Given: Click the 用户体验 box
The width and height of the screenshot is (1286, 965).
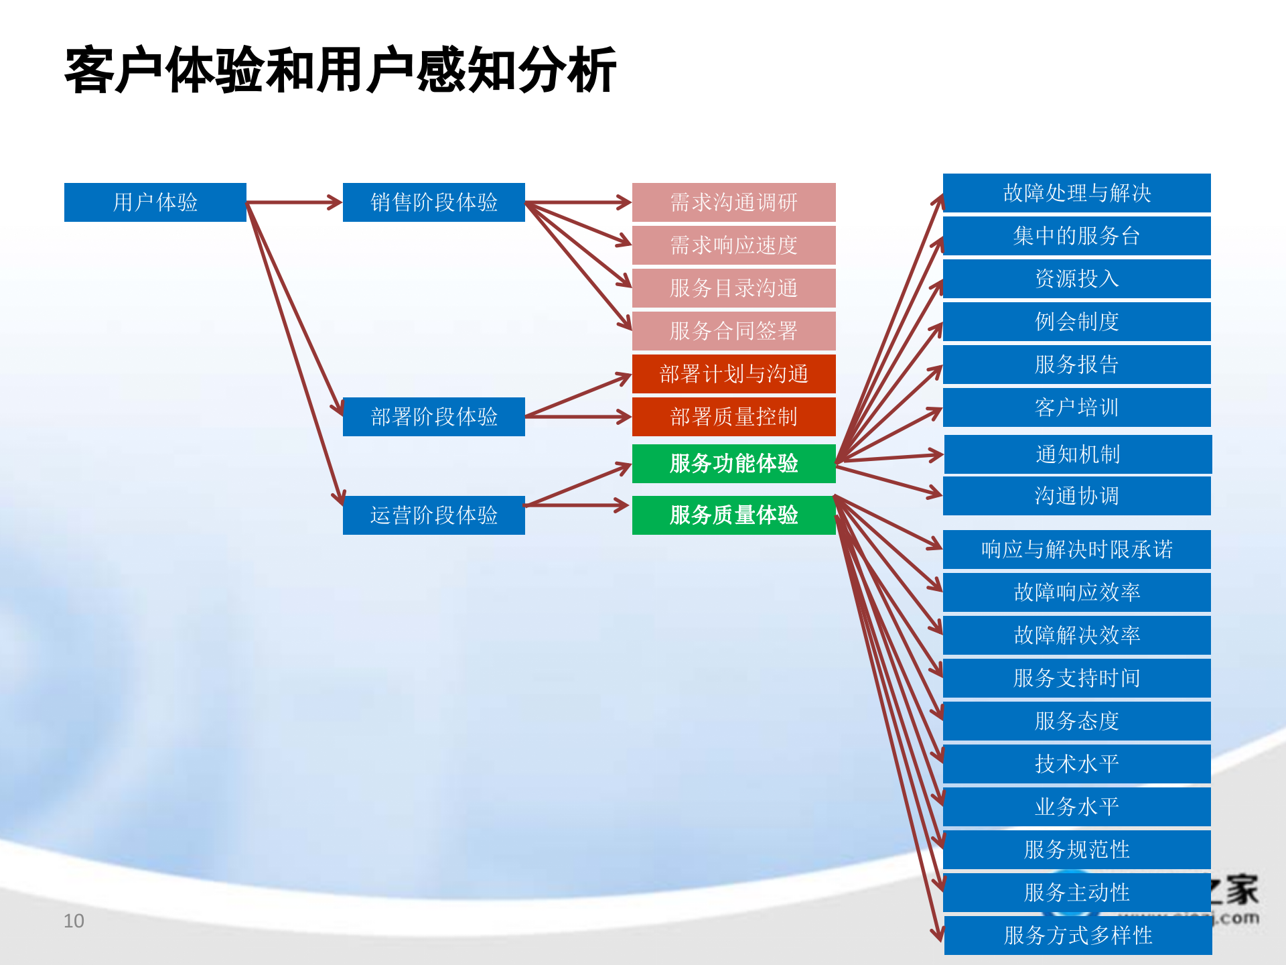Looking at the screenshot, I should [x=155, y=202].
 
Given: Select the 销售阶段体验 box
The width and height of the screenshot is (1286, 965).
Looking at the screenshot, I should [x=433, y=202].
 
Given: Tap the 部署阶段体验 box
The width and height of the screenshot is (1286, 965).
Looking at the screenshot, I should [x=433, y=416].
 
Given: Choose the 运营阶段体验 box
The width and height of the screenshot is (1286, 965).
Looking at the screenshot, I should [x=433, y=515].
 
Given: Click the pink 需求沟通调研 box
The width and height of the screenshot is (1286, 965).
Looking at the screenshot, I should [x=733, y=202].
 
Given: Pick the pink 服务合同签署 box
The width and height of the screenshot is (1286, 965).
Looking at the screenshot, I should [x=733, y=330].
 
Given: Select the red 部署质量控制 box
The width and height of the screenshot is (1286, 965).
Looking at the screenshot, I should [x=733, y=416].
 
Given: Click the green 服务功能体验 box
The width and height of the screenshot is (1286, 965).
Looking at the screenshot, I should [x=733, y=463].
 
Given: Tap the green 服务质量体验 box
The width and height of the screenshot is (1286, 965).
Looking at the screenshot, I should [x=733, y=515].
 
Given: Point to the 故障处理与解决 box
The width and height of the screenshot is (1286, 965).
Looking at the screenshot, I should [x=1076, y=193].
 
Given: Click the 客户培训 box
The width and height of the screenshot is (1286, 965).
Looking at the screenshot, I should [x=1076, y=407].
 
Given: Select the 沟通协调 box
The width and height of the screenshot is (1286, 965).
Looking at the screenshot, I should [x=1076, y=495].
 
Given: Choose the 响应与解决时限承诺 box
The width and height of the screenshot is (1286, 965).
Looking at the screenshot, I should [x=1076, y=549].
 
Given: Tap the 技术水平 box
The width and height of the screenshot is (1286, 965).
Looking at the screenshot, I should [x=1076, y=763].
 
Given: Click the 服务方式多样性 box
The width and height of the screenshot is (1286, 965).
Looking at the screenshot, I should [x=1078, y=935].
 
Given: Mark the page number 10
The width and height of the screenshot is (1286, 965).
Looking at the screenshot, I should [x=74, y=921].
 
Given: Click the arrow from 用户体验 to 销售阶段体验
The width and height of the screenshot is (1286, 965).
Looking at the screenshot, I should [x=295, y=202].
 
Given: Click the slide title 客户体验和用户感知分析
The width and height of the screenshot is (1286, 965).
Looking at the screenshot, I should [x=340, y=70].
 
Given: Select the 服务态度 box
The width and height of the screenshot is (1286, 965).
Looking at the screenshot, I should [x=1076, y=720].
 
